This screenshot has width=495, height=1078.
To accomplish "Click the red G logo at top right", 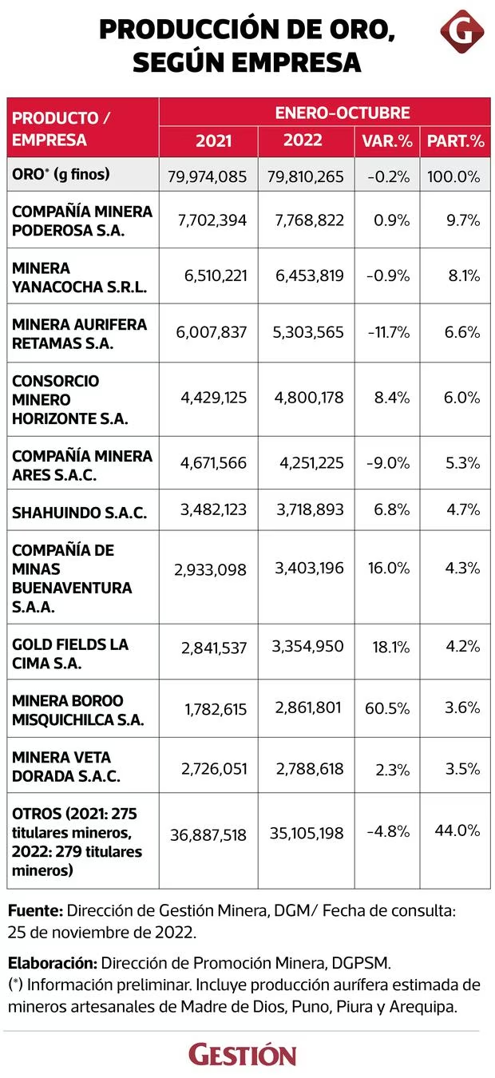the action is [461, 31].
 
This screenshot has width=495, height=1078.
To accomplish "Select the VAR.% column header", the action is [387, 141].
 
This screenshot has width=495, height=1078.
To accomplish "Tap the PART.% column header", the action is [456, 141].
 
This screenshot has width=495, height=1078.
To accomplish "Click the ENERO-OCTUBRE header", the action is [343, 113].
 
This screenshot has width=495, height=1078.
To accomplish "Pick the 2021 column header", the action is [214, 141].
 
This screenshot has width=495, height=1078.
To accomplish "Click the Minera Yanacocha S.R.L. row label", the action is [79, 277].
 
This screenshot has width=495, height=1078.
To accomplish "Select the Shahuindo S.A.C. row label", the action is [79, 513].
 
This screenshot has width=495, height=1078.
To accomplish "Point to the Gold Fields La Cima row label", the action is [70, 653].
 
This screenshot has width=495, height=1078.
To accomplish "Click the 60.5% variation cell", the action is [387, 708].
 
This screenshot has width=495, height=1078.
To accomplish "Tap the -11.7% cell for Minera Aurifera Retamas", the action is [389, 332].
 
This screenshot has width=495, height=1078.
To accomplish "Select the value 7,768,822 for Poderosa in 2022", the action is [309, 220].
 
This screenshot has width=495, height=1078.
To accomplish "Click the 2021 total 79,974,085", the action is [208, 176].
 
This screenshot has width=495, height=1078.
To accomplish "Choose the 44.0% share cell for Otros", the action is [457, 830].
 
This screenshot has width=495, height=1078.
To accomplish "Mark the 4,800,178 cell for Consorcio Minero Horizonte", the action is [309, 398].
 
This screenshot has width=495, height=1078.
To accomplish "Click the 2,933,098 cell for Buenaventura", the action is [210, 570].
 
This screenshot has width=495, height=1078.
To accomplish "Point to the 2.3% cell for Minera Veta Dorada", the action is [393, 770].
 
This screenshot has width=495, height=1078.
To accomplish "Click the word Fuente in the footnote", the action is [35, 911].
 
